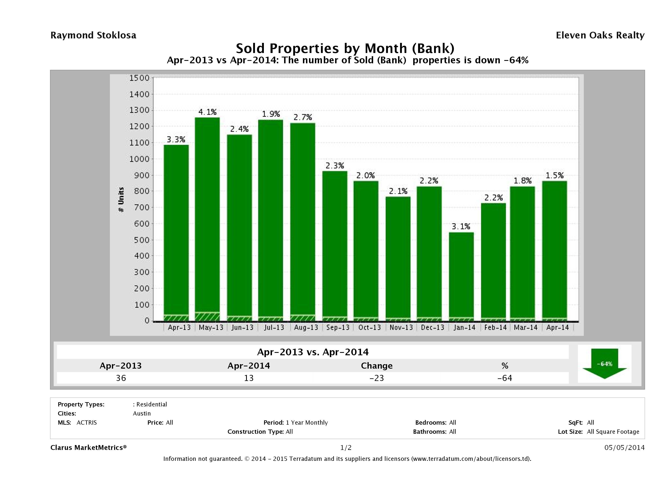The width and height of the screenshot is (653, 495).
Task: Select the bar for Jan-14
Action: click(461, 274)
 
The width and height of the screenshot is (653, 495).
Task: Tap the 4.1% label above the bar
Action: click(207, 112)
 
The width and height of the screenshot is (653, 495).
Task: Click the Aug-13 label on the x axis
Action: click(306, 327)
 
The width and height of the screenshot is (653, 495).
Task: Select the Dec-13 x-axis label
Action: click(432, 327)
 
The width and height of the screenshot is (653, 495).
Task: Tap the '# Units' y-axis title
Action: click(121, 199)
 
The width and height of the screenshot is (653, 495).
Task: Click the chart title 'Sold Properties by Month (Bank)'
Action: click(345, 48)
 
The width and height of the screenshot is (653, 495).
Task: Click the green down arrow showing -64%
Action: click(604, 364)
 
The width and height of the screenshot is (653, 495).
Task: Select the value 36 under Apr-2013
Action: click(121, 378)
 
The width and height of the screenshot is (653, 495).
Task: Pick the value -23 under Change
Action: click(377, 378)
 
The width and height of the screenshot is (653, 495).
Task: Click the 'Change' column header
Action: click(377, 366)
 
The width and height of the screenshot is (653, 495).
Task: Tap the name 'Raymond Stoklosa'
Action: click(93, 35)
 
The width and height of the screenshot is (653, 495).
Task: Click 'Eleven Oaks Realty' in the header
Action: click(600, 35)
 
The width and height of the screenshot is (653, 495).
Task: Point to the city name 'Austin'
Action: click(142, 413)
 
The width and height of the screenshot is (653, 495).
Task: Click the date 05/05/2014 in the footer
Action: click(624, 447)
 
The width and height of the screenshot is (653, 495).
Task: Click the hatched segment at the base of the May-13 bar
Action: click(207, 316)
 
